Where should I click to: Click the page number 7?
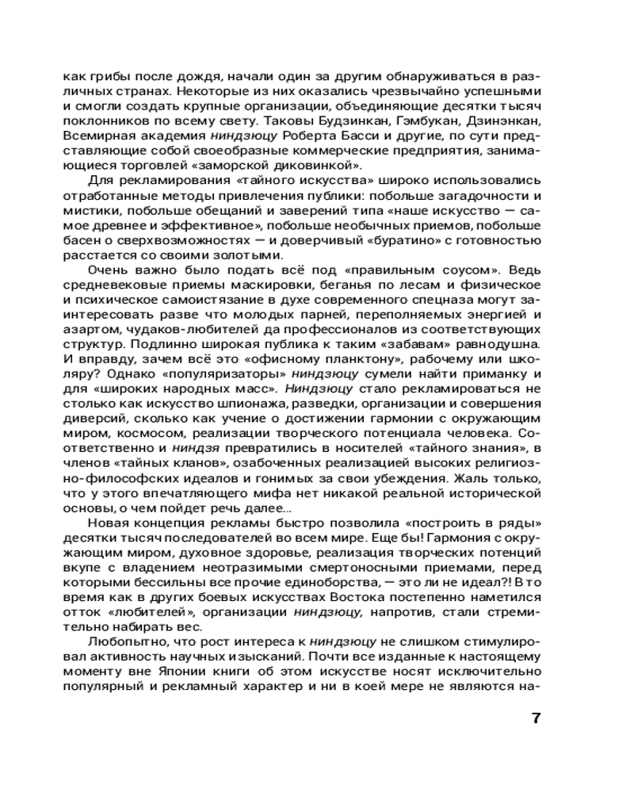click(535, 718)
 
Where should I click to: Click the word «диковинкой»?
click(315, 165)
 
